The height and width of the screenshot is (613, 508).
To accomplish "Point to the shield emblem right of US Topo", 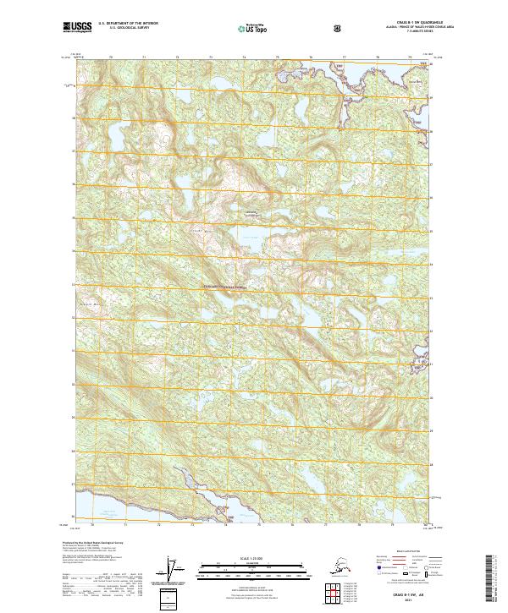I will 289,28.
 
